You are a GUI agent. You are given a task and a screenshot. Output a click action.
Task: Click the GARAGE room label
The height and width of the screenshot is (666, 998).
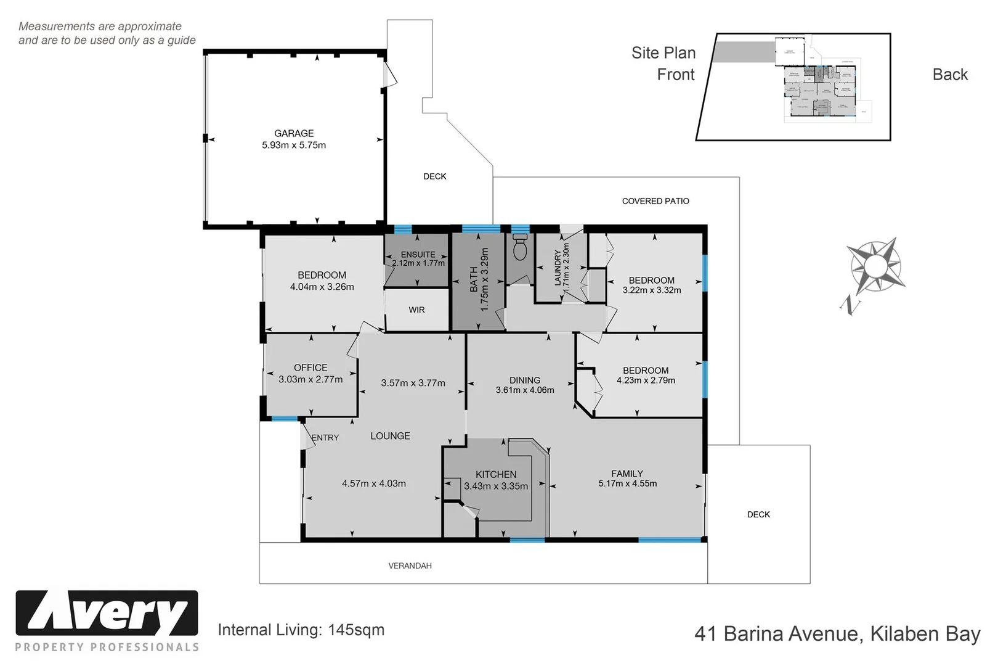(294, 133)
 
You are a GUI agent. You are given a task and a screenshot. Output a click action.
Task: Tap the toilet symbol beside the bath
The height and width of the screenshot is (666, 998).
(520, 248)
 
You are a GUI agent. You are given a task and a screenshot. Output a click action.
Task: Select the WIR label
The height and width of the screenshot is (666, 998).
(416, 310)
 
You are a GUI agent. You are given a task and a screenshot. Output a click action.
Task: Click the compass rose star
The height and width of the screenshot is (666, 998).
(875, 266)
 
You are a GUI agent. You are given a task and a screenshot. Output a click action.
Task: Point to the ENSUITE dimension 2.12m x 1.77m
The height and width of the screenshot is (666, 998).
(418, 263)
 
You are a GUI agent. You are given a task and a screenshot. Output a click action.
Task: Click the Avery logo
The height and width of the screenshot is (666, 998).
(107, 614)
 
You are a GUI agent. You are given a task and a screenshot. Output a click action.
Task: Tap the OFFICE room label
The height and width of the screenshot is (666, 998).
(310, 368)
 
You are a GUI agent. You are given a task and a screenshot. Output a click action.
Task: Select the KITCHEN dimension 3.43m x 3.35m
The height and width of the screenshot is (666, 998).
(496, 486)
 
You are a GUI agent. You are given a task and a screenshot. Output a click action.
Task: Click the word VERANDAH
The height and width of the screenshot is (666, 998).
(410, 565)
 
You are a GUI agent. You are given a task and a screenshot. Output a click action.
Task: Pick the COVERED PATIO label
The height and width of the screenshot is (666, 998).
(655, 201)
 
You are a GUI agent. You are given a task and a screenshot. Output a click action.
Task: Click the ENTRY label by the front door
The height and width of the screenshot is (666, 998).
(325, 438)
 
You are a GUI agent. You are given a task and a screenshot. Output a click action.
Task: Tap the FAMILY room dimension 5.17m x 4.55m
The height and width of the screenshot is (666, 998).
(627, 483)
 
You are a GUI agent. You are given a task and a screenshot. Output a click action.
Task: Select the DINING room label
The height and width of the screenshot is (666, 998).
(525, 380)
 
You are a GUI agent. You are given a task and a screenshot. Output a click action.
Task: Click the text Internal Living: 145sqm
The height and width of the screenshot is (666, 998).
(301, 630)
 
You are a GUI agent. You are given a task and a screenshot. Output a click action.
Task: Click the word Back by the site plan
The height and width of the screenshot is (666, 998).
(950, 75)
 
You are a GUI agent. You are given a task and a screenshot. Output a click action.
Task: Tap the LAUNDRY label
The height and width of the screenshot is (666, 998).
(558, 266)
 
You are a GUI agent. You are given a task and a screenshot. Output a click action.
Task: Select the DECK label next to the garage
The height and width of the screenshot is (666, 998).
(434, 176)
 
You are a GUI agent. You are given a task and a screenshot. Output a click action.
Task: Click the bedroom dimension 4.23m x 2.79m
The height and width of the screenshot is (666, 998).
(646, 380)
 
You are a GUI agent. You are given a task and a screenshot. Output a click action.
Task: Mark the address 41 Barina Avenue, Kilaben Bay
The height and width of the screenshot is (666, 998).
(837, 634)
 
